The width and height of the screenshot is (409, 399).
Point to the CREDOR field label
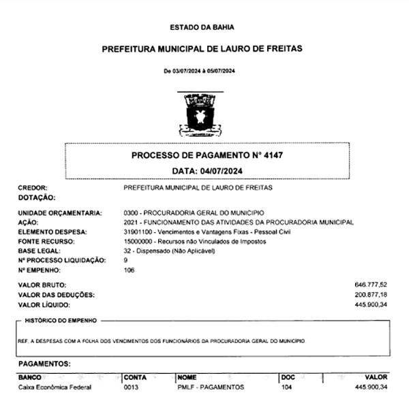tap(33, 187)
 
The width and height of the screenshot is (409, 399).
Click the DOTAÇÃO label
tap(36, 197)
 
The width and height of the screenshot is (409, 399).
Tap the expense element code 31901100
tap(138, 232)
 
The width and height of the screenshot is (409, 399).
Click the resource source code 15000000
tap(138, 242)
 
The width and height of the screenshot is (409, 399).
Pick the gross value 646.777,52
tap(371, 283)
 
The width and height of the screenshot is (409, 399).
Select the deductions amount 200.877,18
tap(371, 293)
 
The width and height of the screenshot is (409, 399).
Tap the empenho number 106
tap(130, 270)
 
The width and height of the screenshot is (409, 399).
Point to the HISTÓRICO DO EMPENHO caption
tap(61, 320)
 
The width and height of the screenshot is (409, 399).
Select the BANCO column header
tap(31, 377)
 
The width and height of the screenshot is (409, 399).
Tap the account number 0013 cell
tap(131, 387)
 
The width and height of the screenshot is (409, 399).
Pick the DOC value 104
tap(286, 387)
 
